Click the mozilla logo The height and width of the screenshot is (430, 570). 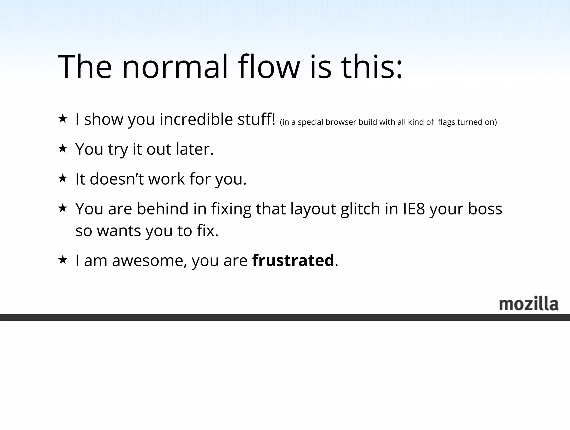[x=529, y=304]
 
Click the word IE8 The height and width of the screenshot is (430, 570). [x=414, y=209]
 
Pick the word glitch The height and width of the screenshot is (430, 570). [x=360, y=209]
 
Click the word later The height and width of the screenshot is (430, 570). [x=195, y=149]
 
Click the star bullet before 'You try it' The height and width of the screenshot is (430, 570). [x=63, y=148]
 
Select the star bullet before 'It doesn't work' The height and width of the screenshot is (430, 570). [x=63, y=178]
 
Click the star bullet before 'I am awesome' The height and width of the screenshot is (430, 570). [x=63, y=260]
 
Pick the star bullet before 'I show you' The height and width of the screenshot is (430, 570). [x=63, y=118]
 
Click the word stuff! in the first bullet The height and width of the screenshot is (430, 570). [x=256, y=119]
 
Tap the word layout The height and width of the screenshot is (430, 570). [x=313, y=209]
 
